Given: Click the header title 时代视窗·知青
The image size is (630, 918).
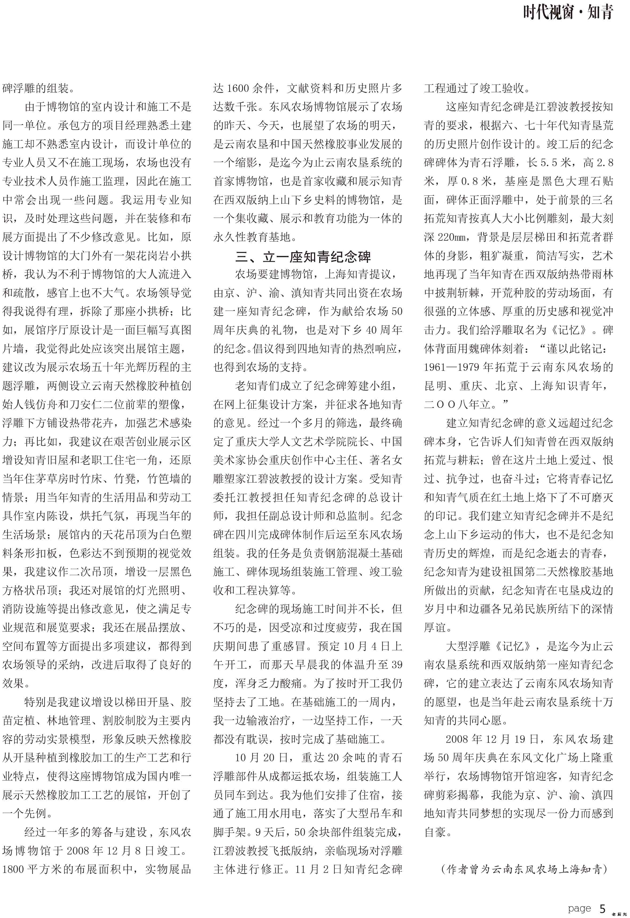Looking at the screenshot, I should [568, 13].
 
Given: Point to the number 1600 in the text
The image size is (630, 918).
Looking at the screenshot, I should [238, 88].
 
